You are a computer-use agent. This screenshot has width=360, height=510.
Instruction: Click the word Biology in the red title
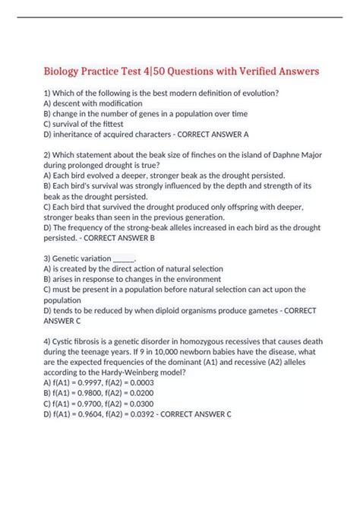[65, 71]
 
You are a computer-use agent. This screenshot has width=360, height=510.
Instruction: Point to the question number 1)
[47, 93]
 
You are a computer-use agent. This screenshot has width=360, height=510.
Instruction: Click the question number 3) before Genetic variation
[47, 258]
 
